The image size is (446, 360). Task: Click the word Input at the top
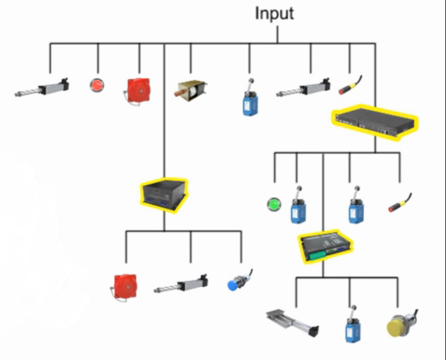click(274, 13)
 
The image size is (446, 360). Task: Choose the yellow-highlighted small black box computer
click(164, 194)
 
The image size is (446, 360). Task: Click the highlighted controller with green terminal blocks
click(325, 247)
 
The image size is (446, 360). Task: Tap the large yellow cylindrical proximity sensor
click(400, 324)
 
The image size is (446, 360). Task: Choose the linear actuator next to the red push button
click(43, 88)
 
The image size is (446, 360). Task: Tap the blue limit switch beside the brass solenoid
click(251, 99)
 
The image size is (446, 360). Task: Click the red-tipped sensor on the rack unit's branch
click(399, 203)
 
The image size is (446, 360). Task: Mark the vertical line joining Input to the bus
click(277, 33)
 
